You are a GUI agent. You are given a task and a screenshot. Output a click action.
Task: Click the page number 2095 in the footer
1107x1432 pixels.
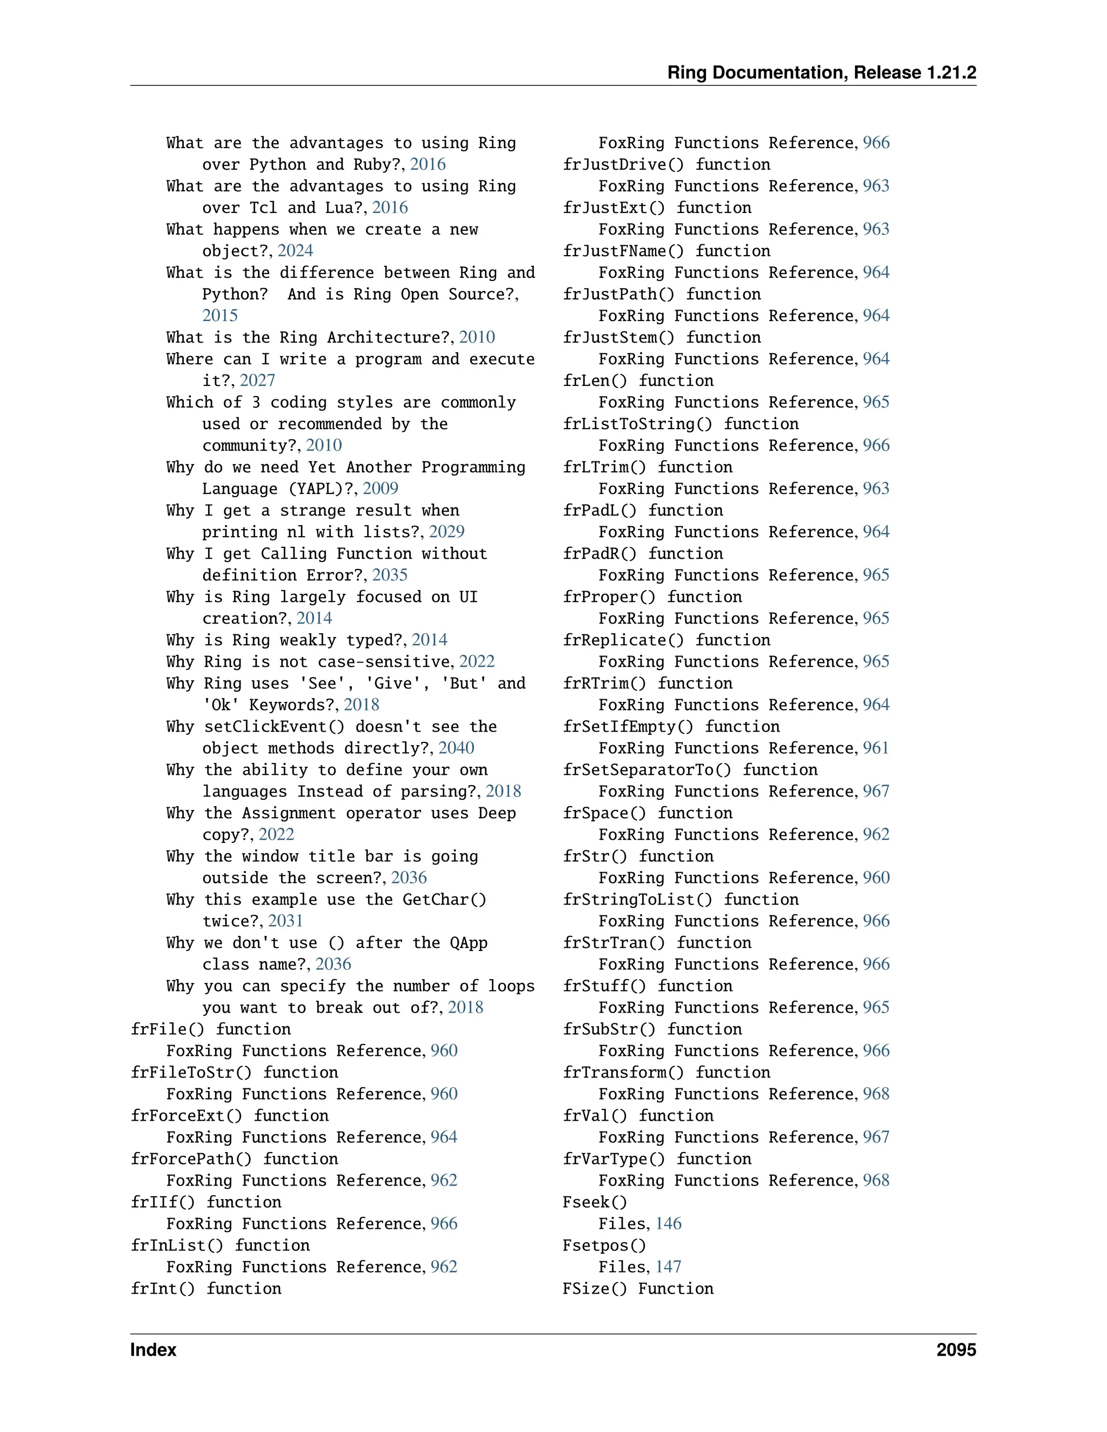(956, 1350)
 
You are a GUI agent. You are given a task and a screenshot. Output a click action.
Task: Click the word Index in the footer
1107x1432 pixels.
(154, 1350)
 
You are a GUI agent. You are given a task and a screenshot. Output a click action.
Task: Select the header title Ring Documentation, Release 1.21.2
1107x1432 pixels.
(821, 73)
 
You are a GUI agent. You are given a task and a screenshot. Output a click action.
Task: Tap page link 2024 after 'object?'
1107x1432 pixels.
(295, 251)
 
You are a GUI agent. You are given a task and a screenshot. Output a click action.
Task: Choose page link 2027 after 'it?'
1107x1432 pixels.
(257, 381)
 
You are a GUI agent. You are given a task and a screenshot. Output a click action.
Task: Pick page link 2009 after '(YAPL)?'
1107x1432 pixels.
(381, 489)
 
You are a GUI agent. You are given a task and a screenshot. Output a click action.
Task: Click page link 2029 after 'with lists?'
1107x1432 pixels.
(446, 532)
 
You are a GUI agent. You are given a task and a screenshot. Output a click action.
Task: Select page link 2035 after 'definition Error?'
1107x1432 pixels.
(390, 576)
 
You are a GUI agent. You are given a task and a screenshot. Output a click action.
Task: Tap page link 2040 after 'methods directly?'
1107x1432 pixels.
(456, 749)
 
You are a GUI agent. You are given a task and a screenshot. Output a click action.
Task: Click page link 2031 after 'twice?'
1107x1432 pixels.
(285, 922)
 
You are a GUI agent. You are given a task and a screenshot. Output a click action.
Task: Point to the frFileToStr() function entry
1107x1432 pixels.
(234, 1073)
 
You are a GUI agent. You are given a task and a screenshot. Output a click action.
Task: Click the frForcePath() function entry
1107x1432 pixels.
(234, 1159)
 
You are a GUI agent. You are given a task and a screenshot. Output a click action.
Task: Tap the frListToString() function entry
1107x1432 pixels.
(681, 424)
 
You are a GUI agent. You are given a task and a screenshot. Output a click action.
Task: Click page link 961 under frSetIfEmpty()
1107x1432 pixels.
(876, 749)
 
